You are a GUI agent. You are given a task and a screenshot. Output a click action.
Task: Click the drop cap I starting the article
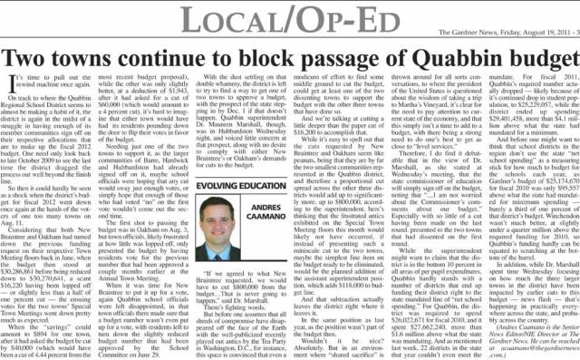tap(9, 85)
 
